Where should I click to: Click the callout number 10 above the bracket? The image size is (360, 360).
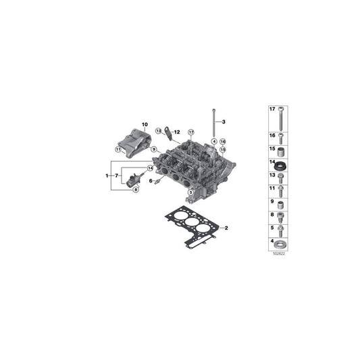(143, 124)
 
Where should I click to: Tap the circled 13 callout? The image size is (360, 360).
(159, 130)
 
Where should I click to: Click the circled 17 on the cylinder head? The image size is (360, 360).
(191, 132)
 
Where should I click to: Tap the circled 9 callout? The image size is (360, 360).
(154, 149)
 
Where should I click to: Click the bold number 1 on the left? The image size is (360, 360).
(107, 176)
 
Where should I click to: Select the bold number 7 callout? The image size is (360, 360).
(119, 176)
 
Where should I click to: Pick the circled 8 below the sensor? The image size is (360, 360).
(135, 190)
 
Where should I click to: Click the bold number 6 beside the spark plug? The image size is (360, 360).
(151, 181)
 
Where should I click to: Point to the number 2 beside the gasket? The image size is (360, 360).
(227, 228)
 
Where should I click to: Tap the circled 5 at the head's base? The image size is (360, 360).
(191, 192)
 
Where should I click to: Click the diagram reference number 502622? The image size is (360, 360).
(278, 253)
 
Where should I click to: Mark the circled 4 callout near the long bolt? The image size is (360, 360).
(213, 141)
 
